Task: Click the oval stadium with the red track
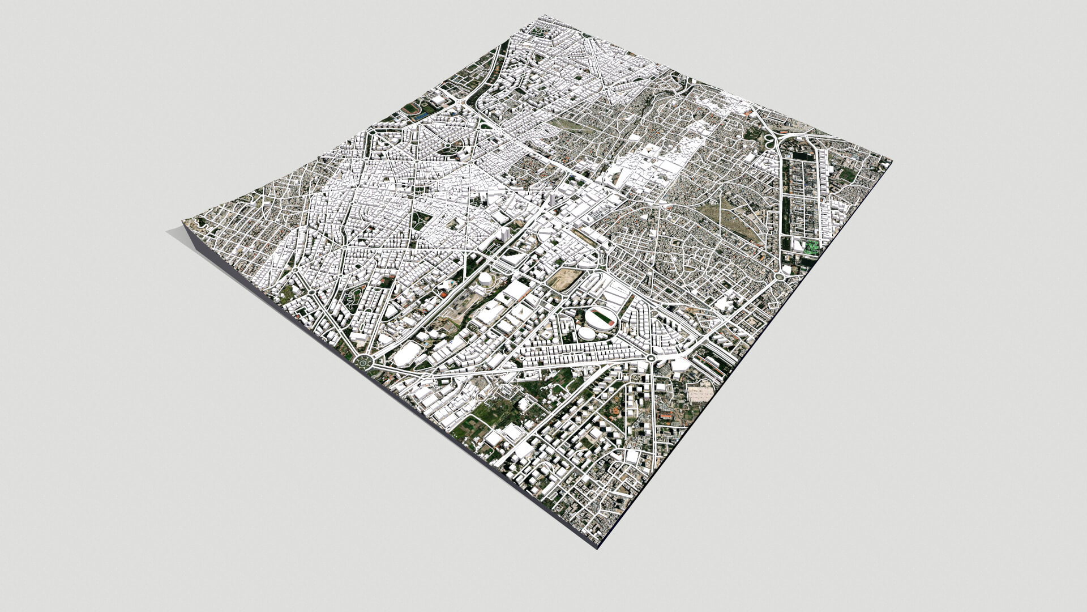point(601,318)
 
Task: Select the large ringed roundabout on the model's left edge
point(362,361)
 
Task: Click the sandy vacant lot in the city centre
point(563,278)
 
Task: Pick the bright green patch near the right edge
point(813,246)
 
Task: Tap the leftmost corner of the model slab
point(183,222)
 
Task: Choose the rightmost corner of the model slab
point(892,162)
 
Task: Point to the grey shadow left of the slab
point(176,232)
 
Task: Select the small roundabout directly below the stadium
point(651,358)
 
